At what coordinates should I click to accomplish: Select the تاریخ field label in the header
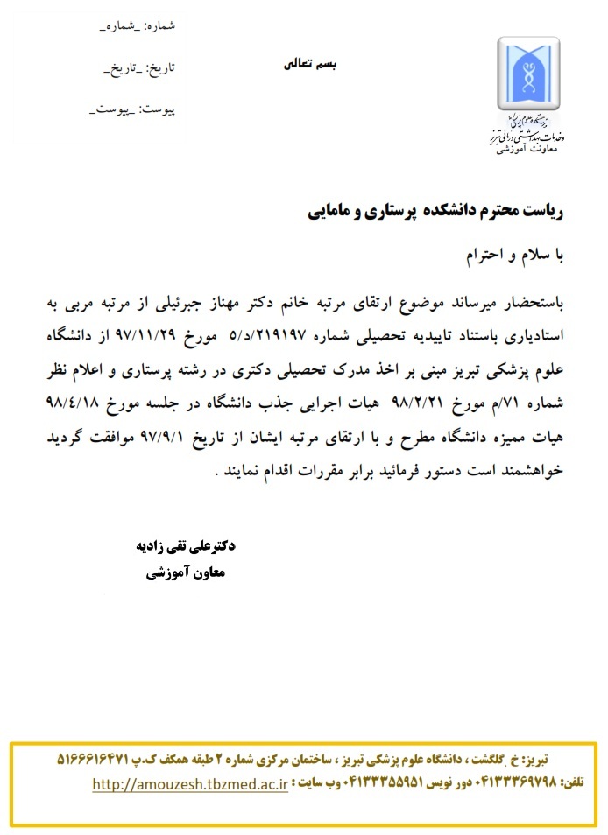tap(139, 67)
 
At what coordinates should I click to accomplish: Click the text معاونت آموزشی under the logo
tap(527, 150)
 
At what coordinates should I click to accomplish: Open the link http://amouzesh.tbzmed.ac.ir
tap(190, 785)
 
